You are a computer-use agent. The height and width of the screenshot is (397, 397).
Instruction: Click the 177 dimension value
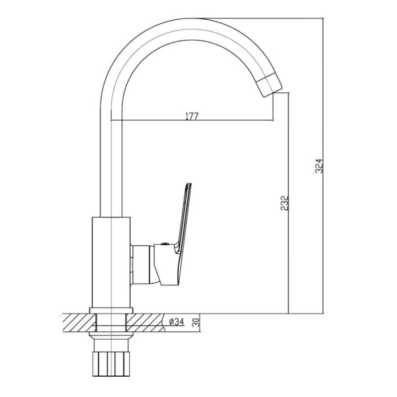(x=192, y=116)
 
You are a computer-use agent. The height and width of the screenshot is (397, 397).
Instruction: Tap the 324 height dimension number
(x=319, y=166)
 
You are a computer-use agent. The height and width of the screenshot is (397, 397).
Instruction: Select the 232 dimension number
(x=285, y=203)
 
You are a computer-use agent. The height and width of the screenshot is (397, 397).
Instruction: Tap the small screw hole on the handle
(x=165, y=244)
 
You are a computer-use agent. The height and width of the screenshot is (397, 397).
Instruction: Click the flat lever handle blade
(x=184, y=218)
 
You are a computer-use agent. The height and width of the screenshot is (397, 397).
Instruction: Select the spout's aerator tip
(x=270, y=84)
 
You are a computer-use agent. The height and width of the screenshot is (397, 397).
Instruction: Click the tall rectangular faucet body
(x=111, y=262)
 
